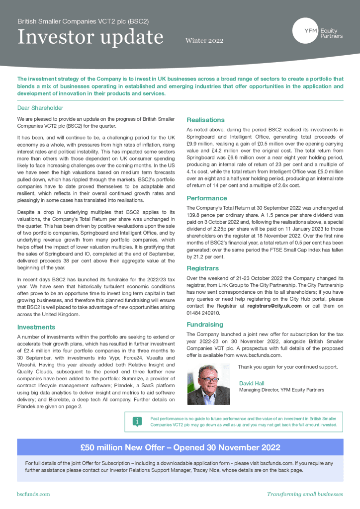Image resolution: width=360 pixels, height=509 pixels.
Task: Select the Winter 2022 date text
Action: tap(204, 41)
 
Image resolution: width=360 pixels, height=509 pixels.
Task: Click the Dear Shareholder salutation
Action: tap(40, 107)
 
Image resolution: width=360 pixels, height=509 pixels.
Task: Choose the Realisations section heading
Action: tap(205, 120)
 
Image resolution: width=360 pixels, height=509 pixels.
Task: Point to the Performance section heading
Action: tap(207, 198)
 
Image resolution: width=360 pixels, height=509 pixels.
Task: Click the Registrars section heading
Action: tap(203, 268)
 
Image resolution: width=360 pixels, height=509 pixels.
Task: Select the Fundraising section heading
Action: tap(205, 325)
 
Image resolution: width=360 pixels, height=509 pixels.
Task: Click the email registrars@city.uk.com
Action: tap(273, 306)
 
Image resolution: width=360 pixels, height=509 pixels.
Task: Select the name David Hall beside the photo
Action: tap(252, 383)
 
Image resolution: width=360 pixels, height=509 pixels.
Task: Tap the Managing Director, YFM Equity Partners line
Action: tap(281, 390)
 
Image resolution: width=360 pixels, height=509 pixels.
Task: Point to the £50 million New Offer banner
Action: tap(180, 447)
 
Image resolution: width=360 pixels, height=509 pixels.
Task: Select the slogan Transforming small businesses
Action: tap(305, 494)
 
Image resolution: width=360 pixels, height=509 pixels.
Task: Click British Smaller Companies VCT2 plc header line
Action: tap(83, 22)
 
